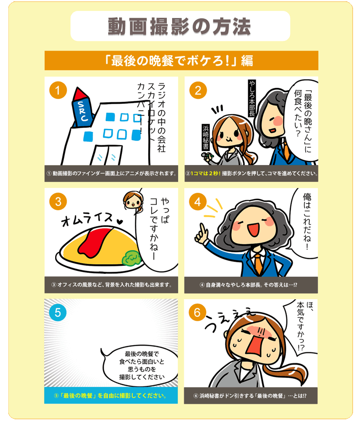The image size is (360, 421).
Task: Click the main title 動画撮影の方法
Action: [179, 27]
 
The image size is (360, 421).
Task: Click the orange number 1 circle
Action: [58, 90]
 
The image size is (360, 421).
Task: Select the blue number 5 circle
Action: [58, 312]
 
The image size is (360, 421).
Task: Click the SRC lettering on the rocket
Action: [83, 112]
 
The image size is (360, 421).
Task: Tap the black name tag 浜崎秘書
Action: [206, 137]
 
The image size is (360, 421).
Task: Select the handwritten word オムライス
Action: [87, 219]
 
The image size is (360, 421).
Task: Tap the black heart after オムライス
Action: [120, 222]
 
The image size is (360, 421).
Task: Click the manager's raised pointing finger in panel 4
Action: [202, 229]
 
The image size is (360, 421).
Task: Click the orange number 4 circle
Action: [198, 202]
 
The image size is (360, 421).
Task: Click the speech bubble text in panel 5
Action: [141, 365]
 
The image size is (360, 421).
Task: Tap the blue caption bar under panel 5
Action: [111, 395]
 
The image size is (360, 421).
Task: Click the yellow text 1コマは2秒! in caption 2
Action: [205, 173]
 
